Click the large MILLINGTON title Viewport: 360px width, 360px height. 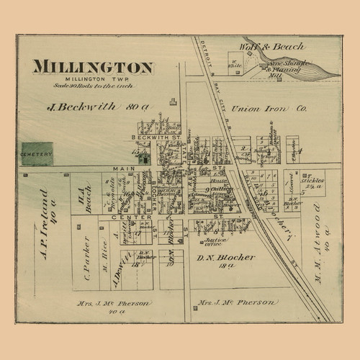91,68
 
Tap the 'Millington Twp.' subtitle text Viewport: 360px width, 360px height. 91,79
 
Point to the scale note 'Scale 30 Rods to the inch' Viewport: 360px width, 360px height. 91,86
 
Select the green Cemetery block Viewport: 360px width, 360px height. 37,153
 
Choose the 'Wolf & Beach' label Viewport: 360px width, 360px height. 257,49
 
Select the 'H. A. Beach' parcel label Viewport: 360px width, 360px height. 85,195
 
